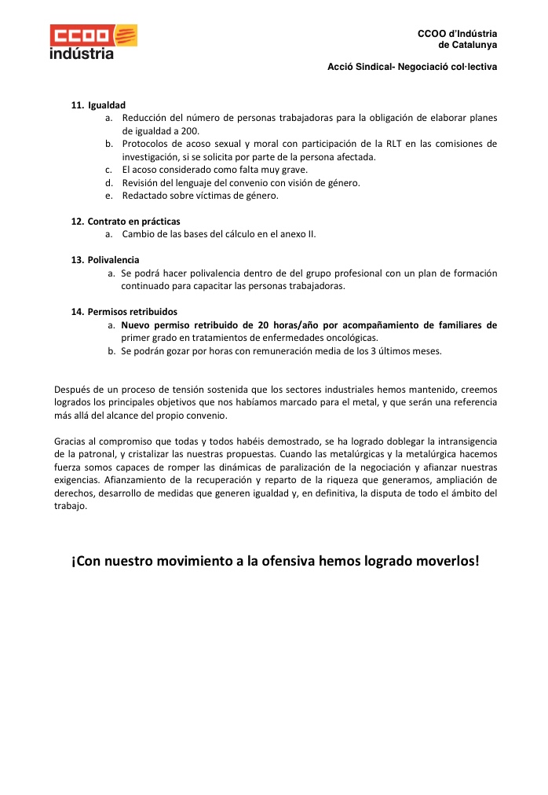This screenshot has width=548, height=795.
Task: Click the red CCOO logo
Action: [93, 35]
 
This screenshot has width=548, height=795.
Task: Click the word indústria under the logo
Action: [81, 54]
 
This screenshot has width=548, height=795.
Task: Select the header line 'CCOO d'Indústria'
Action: [457, 34]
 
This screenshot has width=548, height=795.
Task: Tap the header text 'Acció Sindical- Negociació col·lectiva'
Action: [411, 67]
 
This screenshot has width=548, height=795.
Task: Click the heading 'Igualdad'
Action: [107, 105]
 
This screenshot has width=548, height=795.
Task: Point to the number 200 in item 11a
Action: [190, 131]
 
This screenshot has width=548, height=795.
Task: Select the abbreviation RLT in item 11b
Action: [396, 144]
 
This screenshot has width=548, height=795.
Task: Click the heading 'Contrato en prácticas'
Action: [133, 222]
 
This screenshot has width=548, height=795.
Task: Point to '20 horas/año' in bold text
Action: [287, 324]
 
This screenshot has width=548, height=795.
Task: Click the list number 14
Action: [77, 312]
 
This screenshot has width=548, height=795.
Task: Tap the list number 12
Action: [77, 222]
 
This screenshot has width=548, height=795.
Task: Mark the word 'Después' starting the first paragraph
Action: [71, 389]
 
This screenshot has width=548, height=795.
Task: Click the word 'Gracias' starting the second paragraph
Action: [70, 441]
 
